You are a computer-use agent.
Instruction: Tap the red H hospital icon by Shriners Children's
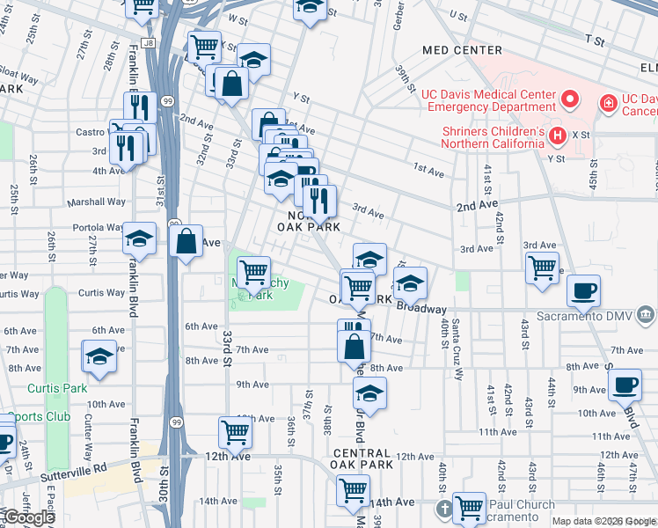tap(556, 135)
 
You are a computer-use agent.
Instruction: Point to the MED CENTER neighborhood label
tap(462, 50)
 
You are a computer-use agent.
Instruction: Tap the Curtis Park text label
tap(57, 388)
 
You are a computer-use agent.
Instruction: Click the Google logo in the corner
tap(28, 517)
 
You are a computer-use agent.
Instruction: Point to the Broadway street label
tap(422, 309)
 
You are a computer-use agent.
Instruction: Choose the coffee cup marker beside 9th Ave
tap(625, 384)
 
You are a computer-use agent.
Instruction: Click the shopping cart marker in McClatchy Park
tap(253, 271)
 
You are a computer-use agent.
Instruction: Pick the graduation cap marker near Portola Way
tap(139, 238)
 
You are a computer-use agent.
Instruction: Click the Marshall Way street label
tap(91, 201)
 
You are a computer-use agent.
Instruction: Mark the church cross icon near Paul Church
tap(445, 509)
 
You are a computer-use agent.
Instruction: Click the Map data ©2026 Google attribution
tap(603, 521)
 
